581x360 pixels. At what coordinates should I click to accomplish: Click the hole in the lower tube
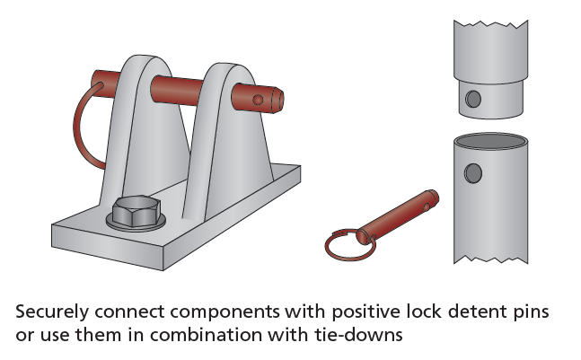pos(472,172)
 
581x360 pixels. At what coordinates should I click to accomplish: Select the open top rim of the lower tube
pos(489,141)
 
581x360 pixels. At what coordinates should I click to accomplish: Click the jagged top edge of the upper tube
pos(489,21)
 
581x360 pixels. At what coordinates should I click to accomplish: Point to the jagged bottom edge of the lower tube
pos(490,259)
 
